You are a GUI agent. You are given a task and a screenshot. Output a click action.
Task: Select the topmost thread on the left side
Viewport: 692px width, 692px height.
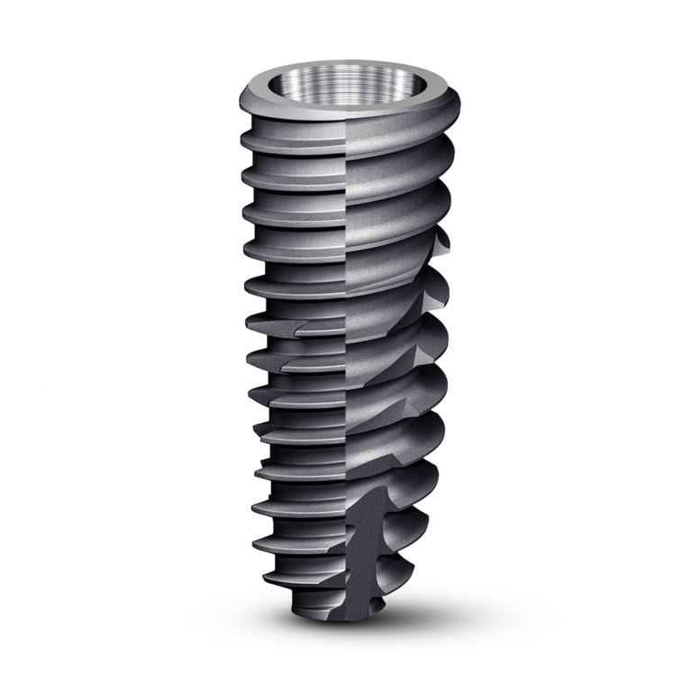270,141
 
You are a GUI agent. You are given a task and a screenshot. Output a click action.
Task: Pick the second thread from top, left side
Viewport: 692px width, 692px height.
270,178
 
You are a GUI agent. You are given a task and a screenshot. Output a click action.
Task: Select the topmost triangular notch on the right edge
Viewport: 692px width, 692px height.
442,244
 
